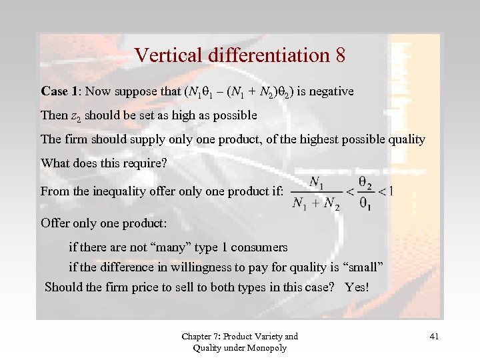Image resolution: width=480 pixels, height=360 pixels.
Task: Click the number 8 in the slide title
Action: pos(339,55)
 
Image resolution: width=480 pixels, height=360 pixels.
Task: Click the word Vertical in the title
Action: pos(163,55)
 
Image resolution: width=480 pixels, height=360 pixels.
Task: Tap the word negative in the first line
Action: pos(330,91)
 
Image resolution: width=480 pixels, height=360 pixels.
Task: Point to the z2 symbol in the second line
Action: pos(75,116)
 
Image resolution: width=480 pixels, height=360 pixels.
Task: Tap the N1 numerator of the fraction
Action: pos(317,183)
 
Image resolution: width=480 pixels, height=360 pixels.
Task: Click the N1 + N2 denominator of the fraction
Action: pos(316,203)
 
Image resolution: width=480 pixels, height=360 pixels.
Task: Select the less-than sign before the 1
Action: pos(381,192)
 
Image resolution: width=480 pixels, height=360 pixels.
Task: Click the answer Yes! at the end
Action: pos(357,287)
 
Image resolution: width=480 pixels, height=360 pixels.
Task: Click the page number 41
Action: pos(434,337)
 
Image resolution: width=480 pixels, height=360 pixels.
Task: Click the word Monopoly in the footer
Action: pos(267,347)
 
